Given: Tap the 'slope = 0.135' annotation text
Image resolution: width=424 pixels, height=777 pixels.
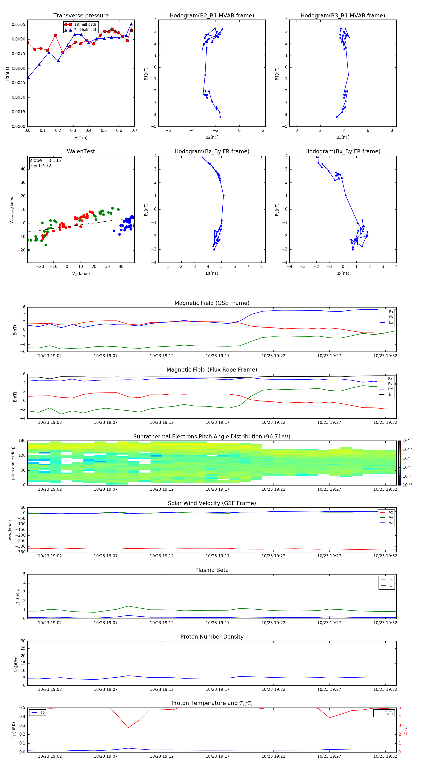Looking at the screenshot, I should [45, 161].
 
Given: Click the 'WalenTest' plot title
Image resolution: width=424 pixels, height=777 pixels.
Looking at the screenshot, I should [81, 151].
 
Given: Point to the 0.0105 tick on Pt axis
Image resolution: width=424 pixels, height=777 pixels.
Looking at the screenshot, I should [18, 24].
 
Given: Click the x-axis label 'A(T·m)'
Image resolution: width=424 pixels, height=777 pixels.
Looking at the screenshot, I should [81, 138].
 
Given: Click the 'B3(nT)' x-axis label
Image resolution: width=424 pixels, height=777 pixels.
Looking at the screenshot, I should [343, 137].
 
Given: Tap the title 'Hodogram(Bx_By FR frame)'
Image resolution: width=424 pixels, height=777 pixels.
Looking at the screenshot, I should [342, 151].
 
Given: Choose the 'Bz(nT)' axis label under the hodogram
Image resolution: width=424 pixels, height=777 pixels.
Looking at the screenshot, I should [212, 273].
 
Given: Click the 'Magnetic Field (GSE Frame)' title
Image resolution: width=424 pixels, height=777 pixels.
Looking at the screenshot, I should [212, 303].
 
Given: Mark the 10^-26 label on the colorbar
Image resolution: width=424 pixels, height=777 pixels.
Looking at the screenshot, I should [408, 440].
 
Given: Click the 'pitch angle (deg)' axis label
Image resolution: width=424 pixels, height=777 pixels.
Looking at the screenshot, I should [13, 463].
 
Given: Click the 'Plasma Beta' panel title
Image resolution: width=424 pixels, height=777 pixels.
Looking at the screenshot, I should [212, 570].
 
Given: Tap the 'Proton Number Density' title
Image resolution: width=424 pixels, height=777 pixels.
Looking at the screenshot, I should [212, 637].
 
